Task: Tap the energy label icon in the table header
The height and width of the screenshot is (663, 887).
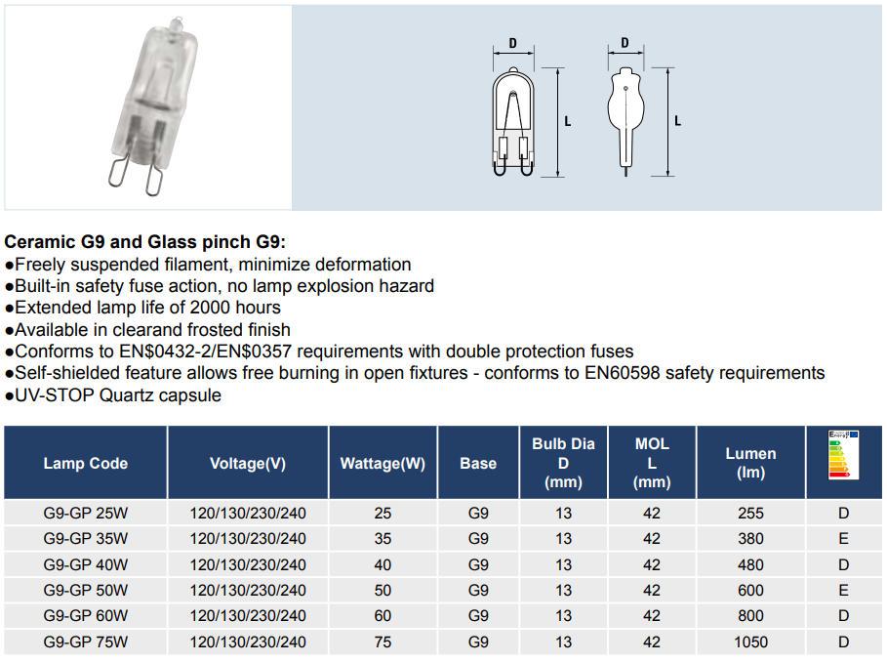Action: point(843,455)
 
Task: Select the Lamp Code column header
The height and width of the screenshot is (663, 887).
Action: point(86,464)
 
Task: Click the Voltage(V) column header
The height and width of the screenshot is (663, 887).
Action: point(248,464)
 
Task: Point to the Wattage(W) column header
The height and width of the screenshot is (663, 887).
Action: point(383,464)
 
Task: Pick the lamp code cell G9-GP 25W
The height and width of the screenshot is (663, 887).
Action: point(86,514)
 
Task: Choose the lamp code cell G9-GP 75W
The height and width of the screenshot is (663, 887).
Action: point(86,642)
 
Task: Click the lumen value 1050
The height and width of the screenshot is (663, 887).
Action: point(750,642)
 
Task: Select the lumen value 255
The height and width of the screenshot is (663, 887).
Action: point(750,514)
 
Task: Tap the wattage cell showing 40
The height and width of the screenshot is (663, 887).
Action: point(383,565)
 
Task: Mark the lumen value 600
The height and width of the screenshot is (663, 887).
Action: point(750,591)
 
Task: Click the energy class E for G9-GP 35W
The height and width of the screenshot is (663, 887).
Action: point(843,539)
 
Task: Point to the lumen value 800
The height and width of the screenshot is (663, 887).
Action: point(750,616)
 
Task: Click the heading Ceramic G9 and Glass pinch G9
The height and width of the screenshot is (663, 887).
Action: point(146,241)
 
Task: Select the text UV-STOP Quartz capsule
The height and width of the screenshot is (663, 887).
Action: point(118,395)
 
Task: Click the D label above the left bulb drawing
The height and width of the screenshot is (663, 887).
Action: point(513,44)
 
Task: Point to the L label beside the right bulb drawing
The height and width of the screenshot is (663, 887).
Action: point(678,121)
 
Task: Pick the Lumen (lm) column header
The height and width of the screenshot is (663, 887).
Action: point(750,464)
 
